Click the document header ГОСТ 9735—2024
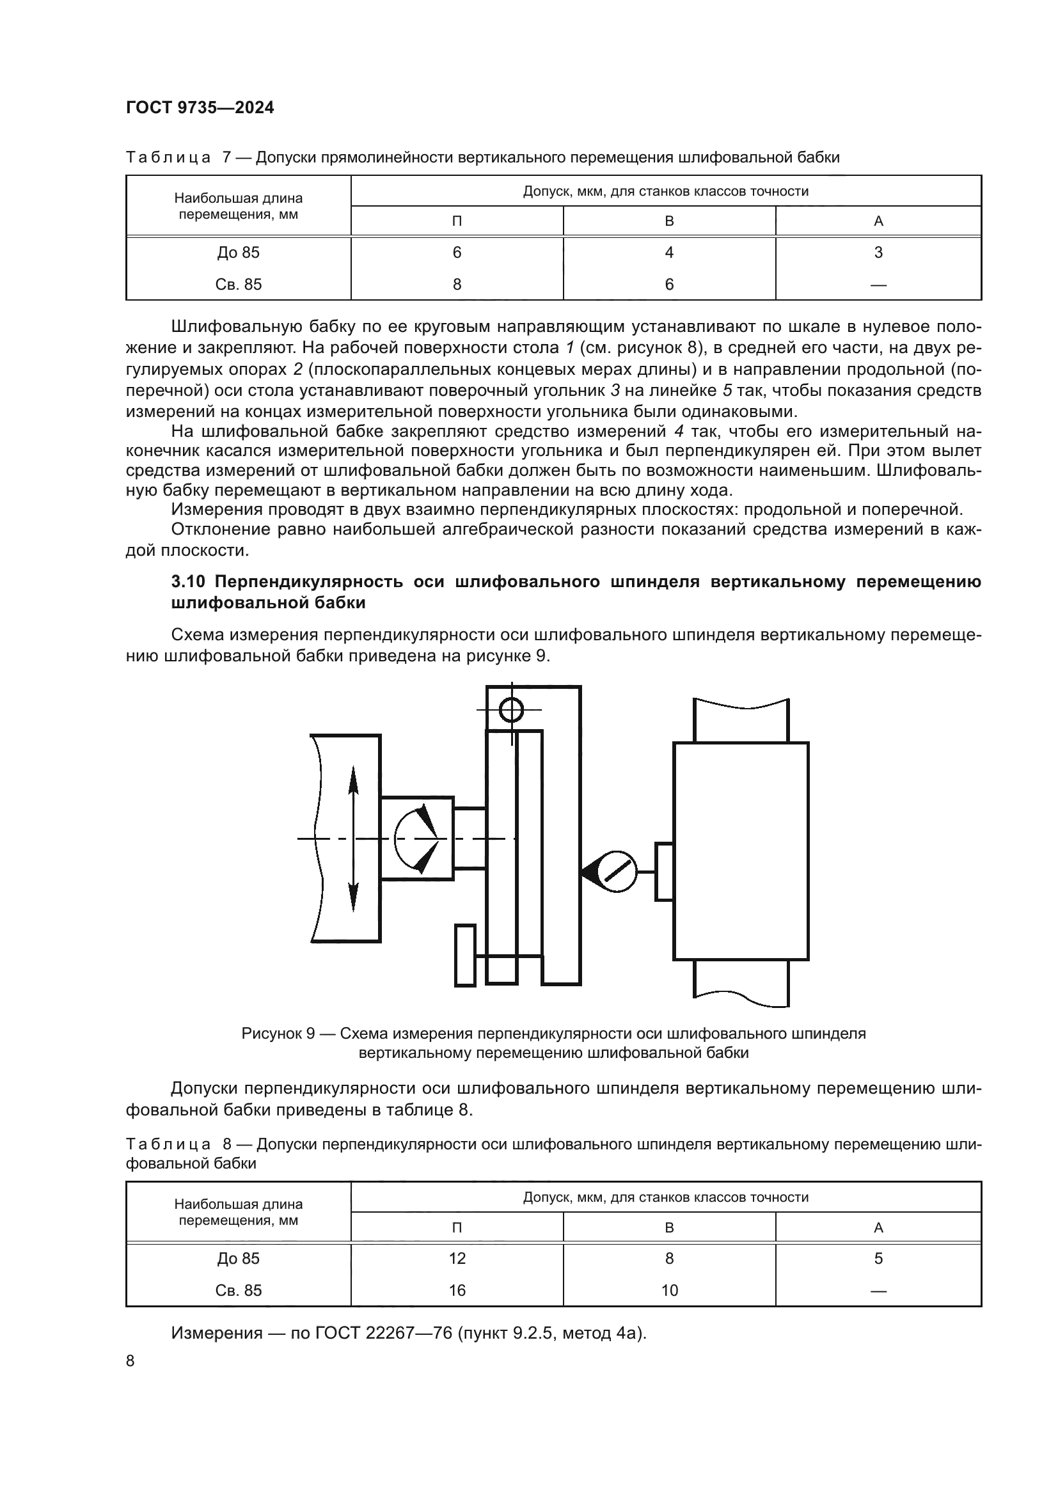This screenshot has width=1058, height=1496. point(200,108)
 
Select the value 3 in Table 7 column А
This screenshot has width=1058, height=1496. point(878,252)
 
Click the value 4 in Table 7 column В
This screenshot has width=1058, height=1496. point(669,252)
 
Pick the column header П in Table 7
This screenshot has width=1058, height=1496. point(457,221)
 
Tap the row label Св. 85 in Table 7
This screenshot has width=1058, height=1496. point(239,284)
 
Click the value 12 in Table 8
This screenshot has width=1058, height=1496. point(457,1258)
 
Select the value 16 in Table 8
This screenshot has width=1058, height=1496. point(457,1290)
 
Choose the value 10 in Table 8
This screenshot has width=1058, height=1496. point(669,1290)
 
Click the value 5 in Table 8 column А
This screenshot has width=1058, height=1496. point(878,1258)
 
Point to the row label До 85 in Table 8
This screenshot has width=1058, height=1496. point(239,1258)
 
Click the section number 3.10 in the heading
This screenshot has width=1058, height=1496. point(189,581)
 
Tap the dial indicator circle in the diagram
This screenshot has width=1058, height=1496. point(616,871)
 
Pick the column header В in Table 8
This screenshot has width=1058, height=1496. point(669,1227)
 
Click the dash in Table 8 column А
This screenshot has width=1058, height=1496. point(878,1290)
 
